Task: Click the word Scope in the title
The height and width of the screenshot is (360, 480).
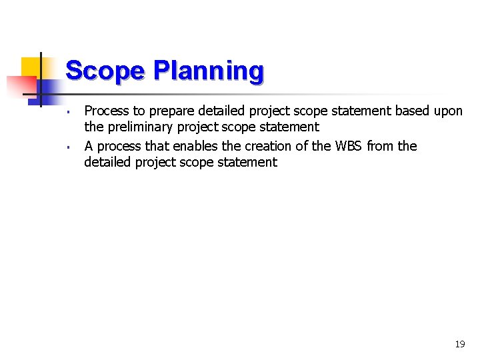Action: pyautogui.click(x=105, y=71)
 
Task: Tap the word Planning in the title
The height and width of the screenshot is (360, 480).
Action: pyautogui.click(x=208, y=71)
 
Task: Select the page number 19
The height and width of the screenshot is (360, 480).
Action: pyautogui.click(x=459, y=345)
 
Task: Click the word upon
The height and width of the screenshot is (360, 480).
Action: pyautogui.click(x=448, y=111)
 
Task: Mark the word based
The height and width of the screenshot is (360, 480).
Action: pyautogui.click(x=413, y=111)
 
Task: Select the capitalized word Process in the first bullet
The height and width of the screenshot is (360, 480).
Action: pyautogui.click(x=107, y=111)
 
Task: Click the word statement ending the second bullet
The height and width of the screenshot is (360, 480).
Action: pyautogui.click(x=247, y=162)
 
